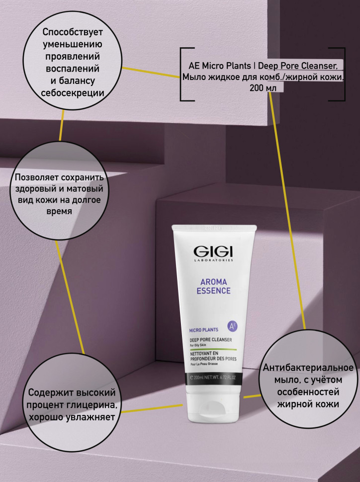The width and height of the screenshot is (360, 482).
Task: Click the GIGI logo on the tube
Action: coord(213,253)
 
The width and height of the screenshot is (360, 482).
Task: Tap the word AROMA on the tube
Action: coord(213,282)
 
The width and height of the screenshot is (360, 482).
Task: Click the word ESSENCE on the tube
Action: coord(213,291)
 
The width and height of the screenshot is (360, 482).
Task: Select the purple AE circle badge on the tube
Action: coord(232,326)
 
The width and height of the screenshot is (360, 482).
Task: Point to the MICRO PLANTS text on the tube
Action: coord(203,330)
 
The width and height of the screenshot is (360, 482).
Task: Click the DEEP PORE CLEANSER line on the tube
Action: coord(211,339)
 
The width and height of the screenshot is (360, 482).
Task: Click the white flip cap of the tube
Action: coord(213,402)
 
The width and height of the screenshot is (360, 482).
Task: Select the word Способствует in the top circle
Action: coord(73,32)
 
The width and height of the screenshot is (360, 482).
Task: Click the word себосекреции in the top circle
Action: coord(73,93)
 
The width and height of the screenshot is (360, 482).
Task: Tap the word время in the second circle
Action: coord(59,212)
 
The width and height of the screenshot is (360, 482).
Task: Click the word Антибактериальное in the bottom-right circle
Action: coord(308,368)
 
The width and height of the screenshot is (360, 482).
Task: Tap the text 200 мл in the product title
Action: coord(263,88)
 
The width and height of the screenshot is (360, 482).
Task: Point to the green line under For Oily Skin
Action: coord(213,349)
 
